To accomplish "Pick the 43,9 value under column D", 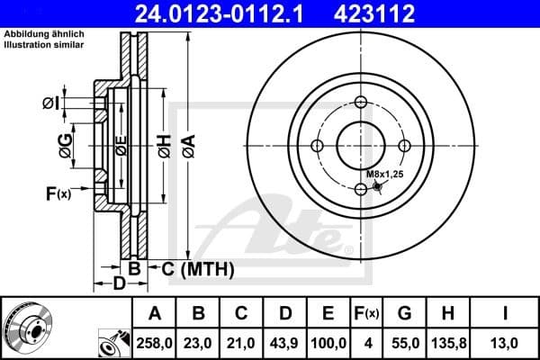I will [x=285, y=342].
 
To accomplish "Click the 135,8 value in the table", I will [x=447, y=342].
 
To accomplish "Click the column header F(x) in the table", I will [x=366, y=313].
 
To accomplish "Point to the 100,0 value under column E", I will [x=328, y=342].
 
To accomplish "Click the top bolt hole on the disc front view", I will [x=361, y=102].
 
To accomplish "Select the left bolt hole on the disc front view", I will [x=317, y=146].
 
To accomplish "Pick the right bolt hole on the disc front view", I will [x=404, y=146].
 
